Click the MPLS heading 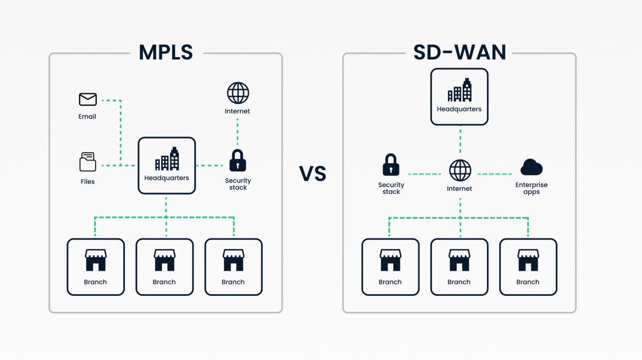tap(166, 52)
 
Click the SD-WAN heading tap(460, 52)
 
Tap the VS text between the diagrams tap(312, 174)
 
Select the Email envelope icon tap(88, 99)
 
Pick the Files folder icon tap(88, 162)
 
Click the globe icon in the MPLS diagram tap(238, 93)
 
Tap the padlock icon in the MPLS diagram tap(238, 160)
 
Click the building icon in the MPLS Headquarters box tap(167, 159)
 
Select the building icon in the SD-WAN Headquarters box tap(460, 90)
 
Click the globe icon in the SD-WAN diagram tap(460, 171)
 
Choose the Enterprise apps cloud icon tap(531, 167)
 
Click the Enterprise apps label tap(531, 188)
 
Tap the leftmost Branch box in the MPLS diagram tap(96, 267)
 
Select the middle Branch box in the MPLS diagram tap(164, 267)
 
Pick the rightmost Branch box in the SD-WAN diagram tap(528, 267)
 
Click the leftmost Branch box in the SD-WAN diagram tap(390, 267)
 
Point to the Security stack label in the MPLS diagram tap(238, 184)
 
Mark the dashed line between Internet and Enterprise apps tap(495, 174)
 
